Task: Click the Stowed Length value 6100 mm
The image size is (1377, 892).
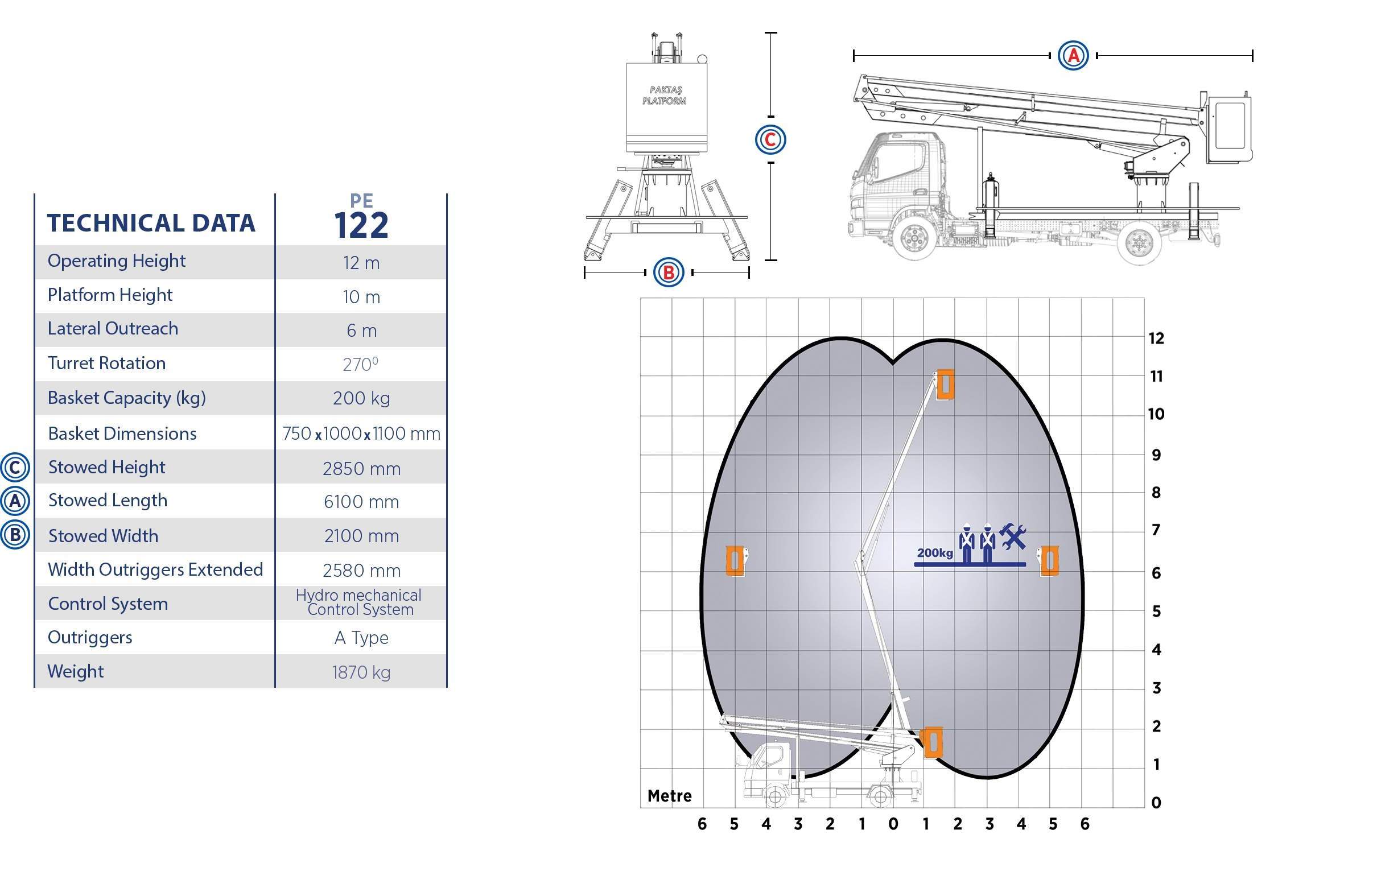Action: (x=361, y=502)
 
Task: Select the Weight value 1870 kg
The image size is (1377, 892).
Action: (x=361, y=672)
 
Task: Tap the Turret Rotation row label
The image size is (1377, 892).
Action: (x=106, y=364)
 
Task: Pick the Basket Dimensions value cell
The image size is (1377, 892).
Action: (x=361, y=433)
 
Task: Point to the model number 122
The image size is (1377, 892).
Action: (x=361, y=225)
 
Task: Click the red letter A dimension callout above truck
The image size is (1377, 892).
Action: (x=1073, y=56)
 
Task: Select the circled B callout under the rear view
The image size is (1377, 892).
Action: (x=668, y=272)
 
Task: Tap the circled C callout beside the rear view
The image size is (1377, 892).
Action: (x=770, y=139)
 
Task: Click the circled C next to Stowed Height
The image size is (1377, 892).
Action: (x=14, y=468)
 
